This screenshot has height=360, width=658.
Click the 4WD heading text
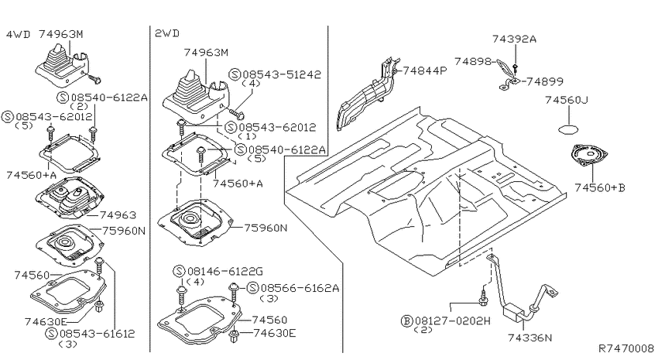point(18,34)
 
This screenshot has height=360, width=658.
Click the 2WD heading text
point(167,33)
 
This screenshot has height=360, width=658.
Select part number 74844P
point(425,70)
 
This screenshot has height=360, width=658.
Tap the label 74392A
point(515,39)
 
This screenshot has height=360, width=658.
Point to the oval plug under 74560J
point(570,129)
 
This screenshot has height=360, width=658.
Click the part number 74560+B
point(600,187)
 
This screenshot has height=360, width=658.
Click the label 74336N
point(530,338)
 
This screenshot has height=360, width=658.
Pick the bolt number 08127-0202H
point(453,321)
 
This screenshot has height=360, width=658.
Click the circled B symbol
point(406,322)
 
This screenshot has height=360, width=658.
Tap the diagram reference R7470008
point(626,348)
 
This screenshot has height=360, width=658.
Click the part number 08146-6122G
point(225,272)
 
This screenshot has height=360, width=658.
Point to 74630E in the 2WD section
point(275,334)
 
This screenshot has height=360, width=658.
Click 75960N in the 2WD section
point(266,228)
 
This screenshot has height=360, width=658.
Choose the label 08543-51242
point(281,74)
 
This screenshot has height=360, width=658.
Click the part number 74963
point(118,215)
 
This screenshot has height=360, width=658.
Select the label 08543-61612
point(98,334)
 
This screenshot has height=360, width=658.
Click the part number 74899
point(545,82)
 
